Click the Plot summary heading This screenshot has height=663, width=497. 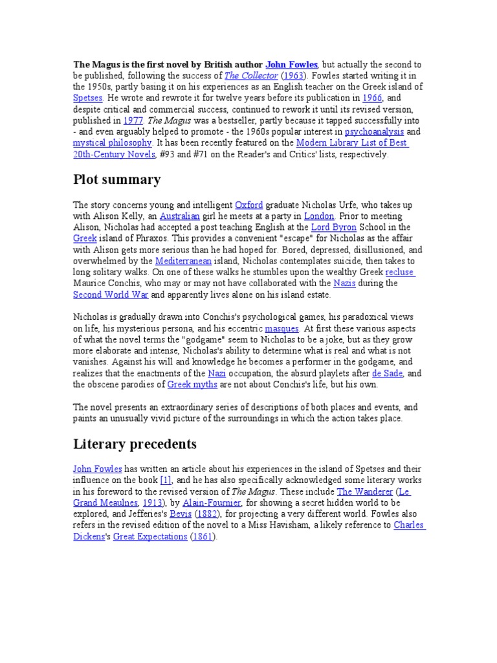pyautogui.click(x=116, y=179)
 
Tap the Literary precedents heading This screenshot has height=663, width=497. pyautogui.click(x=135, y=444)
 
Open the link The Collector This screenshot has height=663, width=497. pyautogui.click(x=250, y=76)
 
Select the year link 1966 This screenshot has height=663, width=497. pyautogui.click(x=372, y=98)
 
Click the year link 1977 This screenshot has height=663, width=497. pyautogui.click(x=133, y=120)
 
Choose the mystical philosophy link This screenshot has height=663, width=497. pyautogui.click(x=112, y=142)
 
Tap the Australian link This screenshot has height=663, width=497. pyautogui.click(x=179, y=216)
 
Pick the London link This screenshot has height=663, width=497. pyautogui.click(x=320, y=216)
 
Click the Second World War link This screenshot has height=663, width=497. pyautogui.click(x=111, y=294)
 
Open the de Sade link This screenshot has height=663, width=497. pyautogui.click(x=388, y=374)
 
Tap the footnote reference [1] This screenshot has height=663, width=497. pyautogui.click(x=166, y=480)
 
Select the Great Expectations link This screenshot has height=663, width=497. pyautogui.click(x=150, y=537)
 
